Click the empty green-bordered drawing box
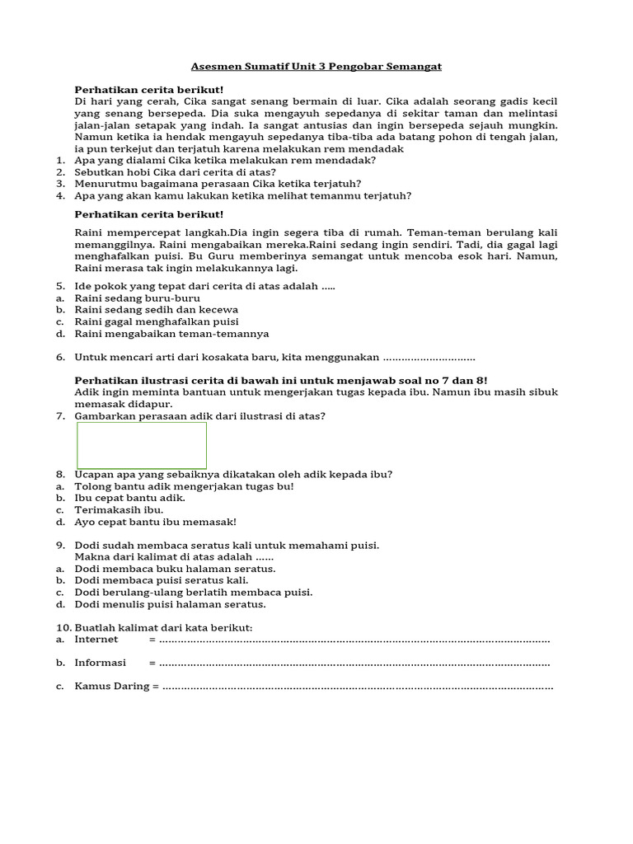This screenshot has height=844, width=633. coord(142,446)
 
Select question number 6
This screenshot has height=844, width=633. coord(274,358)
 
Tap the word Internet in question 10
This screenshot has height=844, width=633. coord(96,640)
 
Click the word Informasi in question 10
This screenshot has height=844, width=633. coord(101,663)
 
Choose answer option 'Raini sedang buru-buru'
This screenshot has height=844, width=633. coord(138,298)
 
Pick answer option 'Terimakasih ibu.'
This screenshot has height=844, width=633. coord(119,509)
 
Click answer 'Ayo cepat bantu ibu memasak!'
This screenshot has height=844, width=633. coord(155,522)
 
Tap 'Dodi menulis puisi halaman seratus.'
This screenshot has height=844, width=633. coord(170,604)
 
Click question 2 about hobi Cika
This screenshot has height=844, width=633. coord(175,172)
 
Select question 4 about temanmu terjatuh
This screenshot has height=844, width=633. coord(242,196)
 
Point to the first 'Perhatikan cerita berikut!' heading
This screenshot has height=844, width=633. coord(149,89)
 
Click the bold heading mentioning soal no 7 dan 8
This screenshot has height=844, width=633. coord(281,380)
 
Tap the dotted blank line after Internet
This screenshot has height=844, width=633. coord(354,640)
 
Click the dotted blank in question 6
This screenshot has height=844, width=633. coord(429,359)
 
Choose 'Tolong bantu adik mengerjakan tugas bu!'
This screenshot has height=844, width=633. coord(184,486)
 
